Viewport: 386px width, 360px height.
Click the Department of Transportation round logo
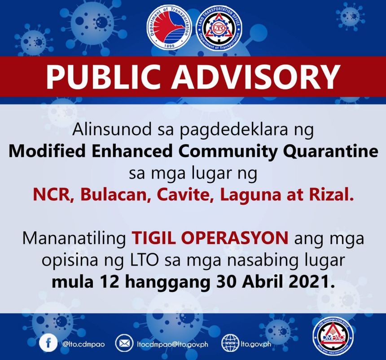pos(169,27)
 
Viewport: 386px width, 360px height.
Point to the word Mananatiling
pos(74,238)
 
